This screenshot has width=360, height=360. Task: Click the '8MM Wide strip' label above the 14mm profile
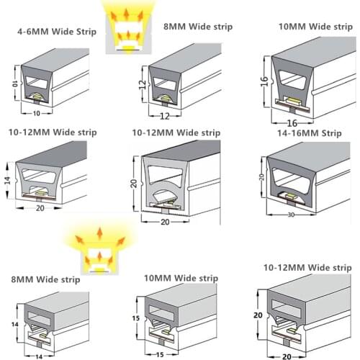tap(45, 279)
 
